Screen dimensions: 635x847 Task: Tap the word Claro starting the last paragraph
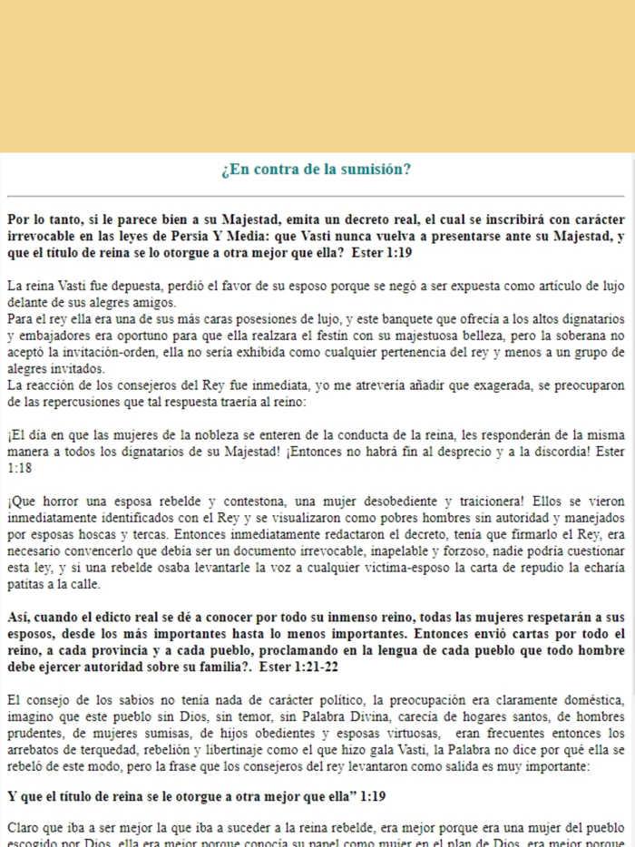pos(23,826)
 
